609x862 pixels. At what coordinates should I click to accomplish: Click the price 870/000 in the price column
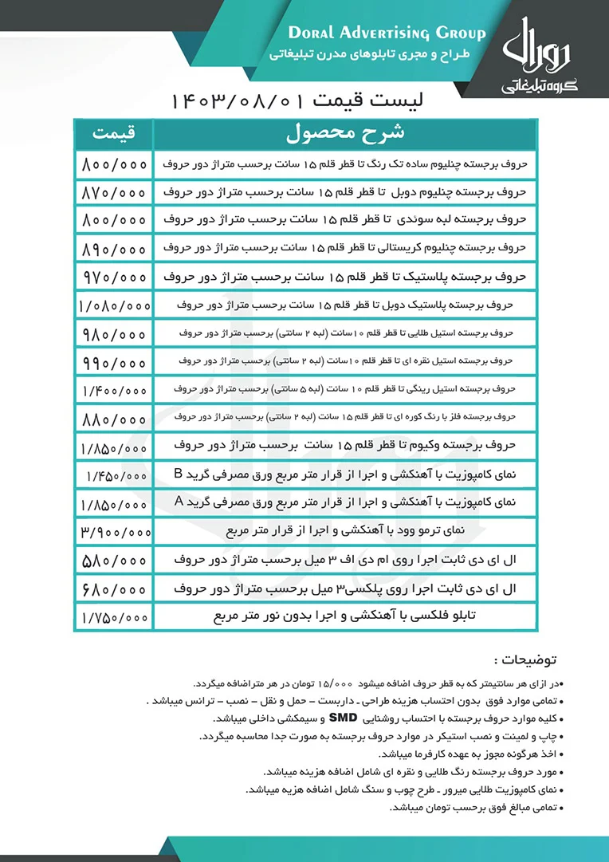point(114,193)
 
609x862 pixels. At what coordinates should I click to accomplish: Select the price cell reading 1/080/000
point(114,304)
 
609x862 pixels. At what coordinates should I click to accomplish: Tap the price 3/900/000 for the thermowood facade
point(114,530)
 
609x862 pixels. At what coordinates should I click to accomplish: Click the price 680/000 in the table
point(114,589)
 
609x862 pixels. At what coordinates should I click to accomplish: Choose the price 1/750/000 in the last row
point(114,617)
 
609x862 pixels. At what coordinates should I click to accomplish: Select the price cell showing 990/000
point(114,361)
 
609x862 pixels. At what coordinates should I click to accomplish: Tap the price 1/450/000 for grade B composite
point(114,475)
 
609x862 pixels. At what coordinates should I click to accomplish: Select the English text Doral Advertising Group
point(386,33)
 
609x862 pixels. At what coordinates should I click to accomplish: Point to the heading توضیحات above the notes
point(525,660)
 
